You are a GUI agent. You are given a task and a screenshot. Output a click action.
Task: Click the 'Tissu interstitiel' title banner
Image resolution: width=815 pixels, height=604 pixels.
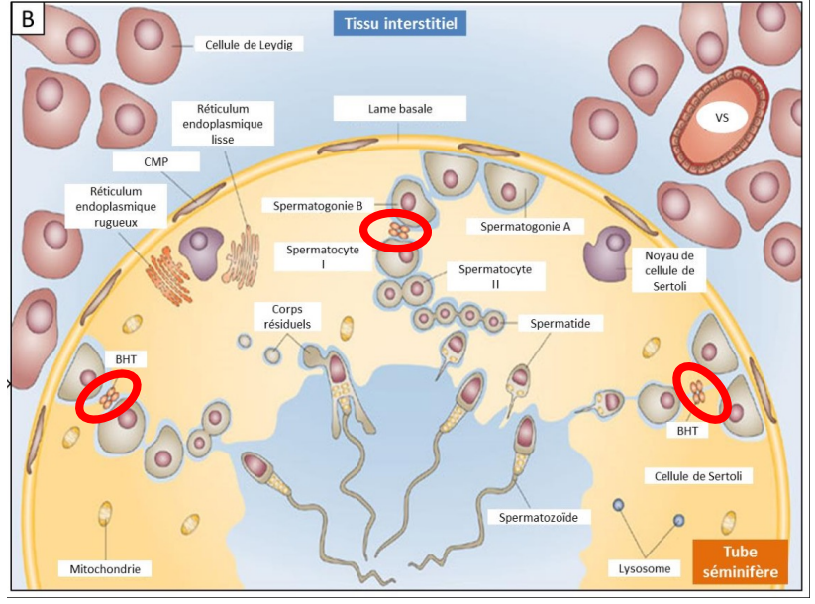(x=400, y=22)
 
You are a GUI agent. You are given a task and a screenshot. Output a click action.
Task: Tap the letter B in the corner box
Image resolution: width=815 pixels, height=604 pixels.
(x=27, y=20)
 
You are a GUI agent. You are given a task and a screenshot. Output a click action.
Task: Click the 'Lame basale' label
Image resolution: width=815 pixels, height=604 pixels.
(x=399, y=108)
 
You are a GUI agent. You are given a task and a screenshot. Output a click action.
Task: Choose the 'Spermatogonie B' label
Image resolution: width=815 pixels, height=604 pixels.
(x=315, y=205)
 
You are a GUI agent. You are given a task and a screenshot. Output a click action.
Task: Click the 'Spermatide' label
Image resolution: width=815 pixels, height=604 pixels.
(x=560, y=323)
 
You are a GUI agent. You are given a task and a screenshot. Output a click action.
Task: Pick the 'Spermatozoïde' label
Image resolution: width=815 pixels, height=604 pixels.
(x=538, y=516)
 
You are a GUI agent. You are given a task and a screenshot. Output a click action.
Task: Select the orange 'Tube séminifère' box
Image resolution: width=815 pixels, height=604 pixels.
(x=740, y=561)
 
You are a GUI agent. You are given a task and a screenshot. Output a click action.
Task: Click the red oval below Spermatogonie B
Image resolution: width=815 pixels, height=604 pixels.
(x=395, y=230)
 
